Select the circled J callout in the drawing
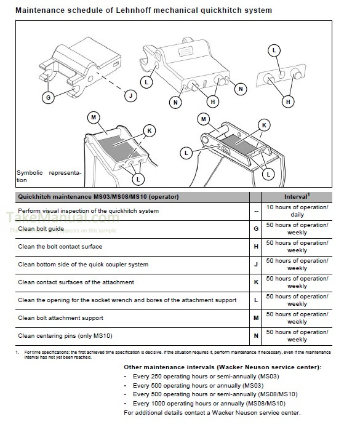click(x=130, y=95)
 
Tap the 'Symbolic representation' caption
click(x=48, y=177)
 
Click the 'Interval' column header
click(x=297, y=197)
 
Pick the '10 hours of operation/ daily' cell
click(x=297, y=211)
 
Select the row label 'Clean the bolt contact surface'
click(x=60, y=247)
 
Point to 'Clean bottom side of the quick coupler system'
click(x=83, y=265)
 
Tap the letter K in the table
click(x=255, y=282)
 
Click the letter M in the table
click(x=255, y=318)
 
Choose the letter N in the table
click(x=255, y=336)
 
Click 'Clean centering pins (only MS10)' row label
click(x=65, y=336)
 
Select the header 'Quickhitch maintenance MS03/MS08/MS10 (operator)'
click(x=98, y=197)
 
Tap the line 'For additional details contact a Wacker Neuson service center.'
click(x=212, y=412)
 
